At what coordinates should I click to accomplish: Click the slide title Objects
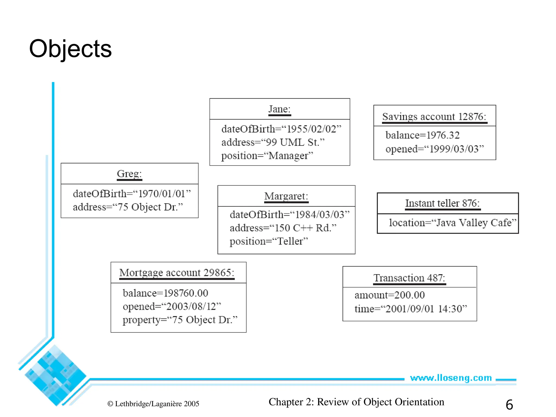click(70, 49)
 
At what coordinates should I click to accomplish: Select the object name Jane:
click(279, 109)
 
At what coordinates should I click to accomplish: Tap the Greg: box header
click(129, 174)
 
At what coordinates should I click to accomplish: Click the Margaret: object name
click(286, 196)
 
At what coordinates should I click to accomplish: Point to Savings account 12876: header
click(434, 117)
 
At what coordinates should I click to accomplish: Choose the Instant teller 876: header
click(443, 203)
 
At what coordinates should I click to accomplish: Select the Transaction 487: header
click(409, 278)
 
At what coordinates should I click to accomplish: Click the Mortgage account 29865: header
click(177, 273)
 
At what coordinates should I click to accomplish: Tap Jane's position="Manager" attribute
click(267, 156)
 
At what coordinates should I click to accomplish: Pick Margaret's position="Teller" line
click(269, 241)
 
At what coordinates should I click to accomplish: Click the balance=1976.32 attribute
click(422, 135)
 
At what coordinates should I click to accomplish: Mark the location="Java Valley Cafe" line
click(452, 223)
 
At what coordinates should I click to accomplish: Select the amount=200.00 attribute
click(390, 295)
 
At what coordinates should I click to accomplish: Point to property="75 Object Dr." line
click(180, 320)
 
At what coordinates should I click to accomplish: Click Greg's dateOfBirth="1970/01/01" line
click(132, 194)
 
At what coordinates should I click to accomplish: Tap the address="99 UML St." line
click(273, 143)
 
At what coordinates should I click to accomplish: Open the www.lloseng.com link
click(451, 378)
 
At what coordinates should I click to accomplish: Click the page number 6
click(509, 405)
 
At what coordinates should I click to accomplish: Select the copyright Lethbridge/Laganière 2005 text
click(153, 404)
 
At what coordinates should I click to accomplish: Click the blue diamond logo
click(55, 376)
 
